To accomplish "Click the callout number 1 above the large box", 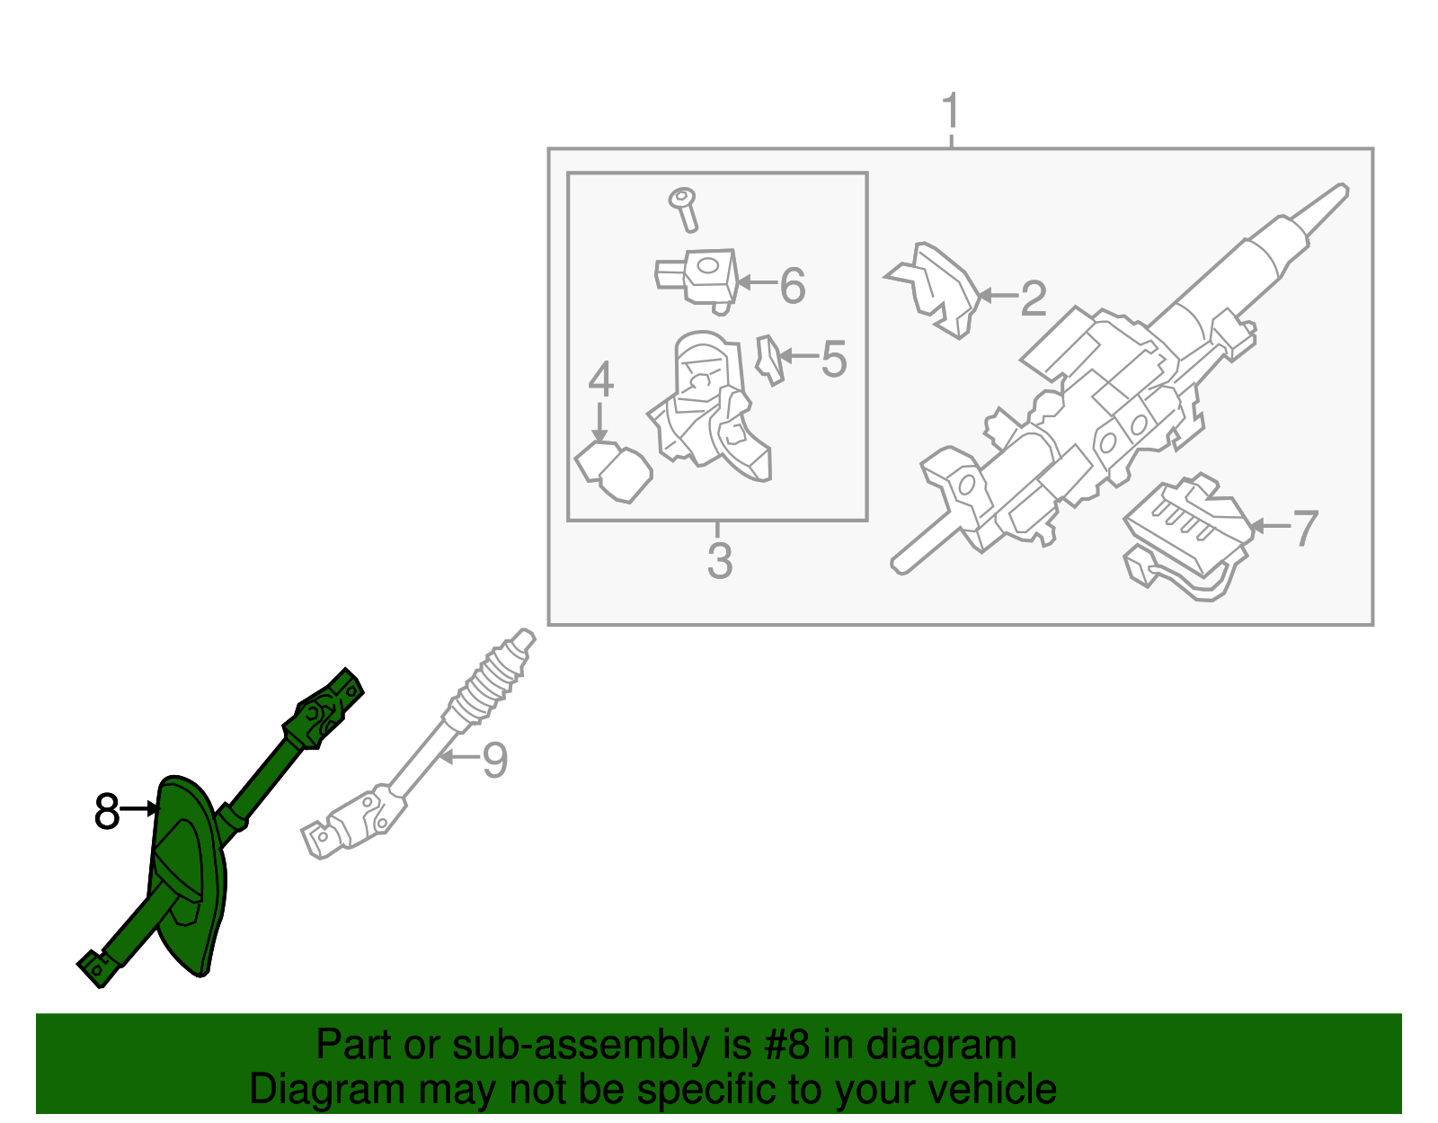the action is pos(950,111).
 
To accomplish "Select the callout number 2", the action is pos(1034,298).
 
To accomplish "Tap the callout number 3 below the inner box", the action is pos(720,561).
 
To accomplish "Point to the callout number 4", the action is pos(601,379).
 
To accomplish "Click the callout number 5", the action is pos(834,360).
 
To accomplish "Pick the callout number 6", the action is pos(793,286).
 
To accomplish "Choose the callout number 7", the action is pos(1305,528).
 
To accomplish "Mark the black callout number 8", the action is pos(107,811).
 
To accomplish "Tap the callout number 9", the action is pos(495,761).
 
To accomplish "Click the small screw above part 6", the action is pos(684,209).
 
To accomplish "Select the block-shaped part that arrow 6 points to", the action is pos(697,280).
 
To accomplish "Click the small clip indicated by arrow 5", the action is pos(769,360).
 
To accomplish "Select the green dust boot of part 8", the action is pos(187,875).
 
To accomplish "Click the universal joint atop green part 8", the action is pos(324,709).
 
